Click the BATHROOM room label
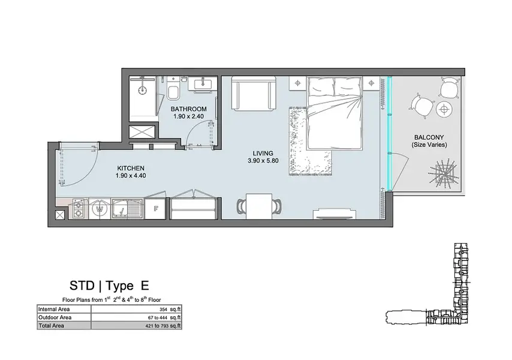(x=188, y=109)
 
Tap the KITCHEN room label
(x=131, y=168)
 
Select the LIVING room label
(x=263, y=153)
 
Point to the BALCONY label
(x=429, y=137)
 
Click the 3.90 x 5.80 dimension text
(x=263, y=161)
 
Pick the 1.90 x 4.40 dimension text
(x=131, y=176)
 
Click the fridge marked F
(x=156, y=208)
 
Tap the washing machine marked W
(x=100, y=208)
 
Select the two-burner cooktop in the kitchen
(x=78, y=209)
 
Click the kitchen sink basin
(x=119, y=208)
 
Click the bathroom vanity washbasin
(x=203, y=83)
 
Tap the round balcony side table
(x=444, y=109)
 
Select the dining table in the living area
(x=259, y=206)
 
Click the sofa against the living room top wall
(x=254, y=94)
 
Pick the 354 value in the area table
(x=163, y=310)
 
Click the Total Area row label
(x=52, y=326)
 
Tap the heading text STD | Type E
(x=109, y=286)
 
